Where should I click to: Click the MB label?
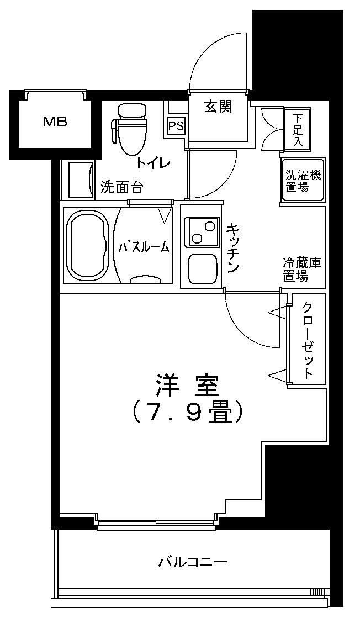point(55,122)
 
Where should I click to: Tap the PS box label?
point(176,126)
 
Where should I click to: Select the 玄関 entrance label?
point(218,106)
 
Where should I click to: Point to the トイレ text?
point(153,163)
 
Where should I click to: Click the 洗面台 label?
point(122,188)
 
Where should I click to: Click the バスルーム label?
point(143,247)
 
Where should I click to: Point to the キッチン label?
point(232,247)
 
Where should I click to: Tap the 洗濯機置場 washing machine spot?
point(303,181)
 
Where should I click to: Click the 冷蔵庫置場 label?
point(302,270)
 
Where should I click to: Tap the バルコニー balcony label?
point(193,563)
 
